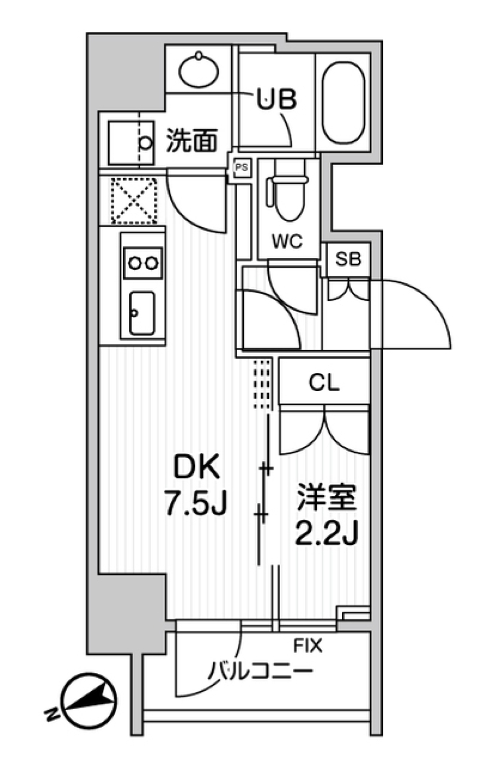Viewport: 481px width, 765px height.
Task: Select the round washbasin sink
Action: click(x=199, y=70)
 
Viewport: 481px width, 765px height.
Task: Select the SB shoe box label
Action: click(x=348, y=259)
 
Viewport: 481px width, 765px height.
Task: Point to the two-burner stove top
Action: click(x=143, y=263)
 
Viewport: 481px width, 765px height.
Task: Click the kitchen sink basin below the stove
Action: click(x=142, y=313)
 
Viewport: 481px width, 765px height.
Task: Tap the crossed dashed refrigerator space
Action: click(x=133, y=200)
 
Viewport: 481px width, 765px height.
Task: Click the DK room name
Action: click(x=196, y=468)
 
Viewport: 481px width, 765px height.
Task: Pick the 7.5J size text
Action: click(x=196, y=504)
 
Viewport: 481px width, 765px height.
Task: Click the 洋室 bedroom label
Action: click(x=326, y=497)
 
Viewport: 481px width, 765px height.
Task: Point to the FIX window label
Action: click(x=308, y=646)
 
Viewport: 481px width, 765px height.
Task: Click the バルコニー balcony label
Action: click(x=260, y=670)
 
